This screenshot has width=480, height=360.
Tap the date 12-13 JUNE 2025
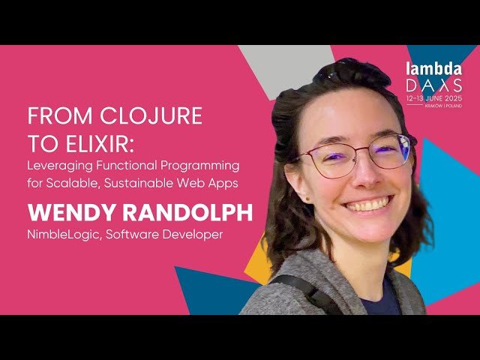tap(434, 98)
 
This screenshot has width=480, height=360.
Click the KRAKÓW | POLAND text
tap(442, 106)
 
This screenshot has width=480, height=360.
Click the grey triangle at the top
tap(284, 60)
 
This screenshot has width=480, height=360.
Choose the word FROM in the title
tap(49, 116)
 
